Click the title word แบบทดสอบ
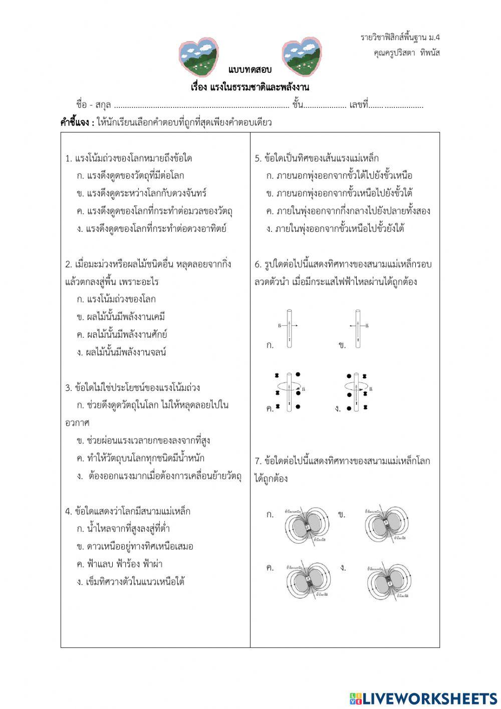[x=249, y=70]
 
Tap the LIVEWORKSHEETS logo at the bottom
[x=423, y=698]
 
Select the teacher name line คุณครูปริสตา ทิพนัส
[x=406, y=52]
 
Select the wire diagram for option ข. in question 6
[x=358, y=328]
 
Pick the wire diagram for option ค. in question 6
[x=289, y=392]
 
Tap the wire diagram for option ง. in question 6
[x=357, y=391]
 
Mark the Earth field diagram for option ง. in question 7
[x=388, y=581]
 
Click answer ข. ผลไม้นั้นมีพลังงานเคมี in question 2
[x=121, y=317]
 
